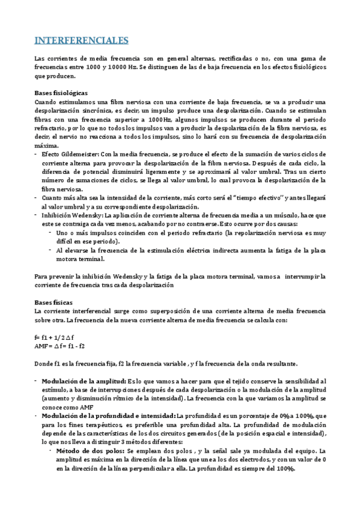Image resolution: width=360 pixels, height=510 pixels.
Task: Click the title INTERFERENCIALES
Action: click(81, 41)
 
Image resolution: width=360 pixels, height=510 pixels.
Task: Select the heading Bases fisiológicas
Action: click(61, 93)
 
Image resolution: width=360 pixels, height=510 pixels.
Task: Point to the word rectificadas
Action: click(240, 58)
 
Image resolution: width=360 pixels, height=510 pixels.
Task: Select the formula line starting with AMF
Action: click(59, 346)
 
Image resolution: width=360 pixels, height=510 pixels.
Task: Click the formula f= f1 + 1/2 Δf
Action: click(56, 337)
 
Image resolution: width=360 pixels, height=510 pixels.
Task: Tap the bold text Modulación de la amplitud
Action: click(84, 381)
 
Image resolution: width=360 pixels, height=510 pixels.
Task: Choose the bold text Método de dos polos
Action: click(90, 450)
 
